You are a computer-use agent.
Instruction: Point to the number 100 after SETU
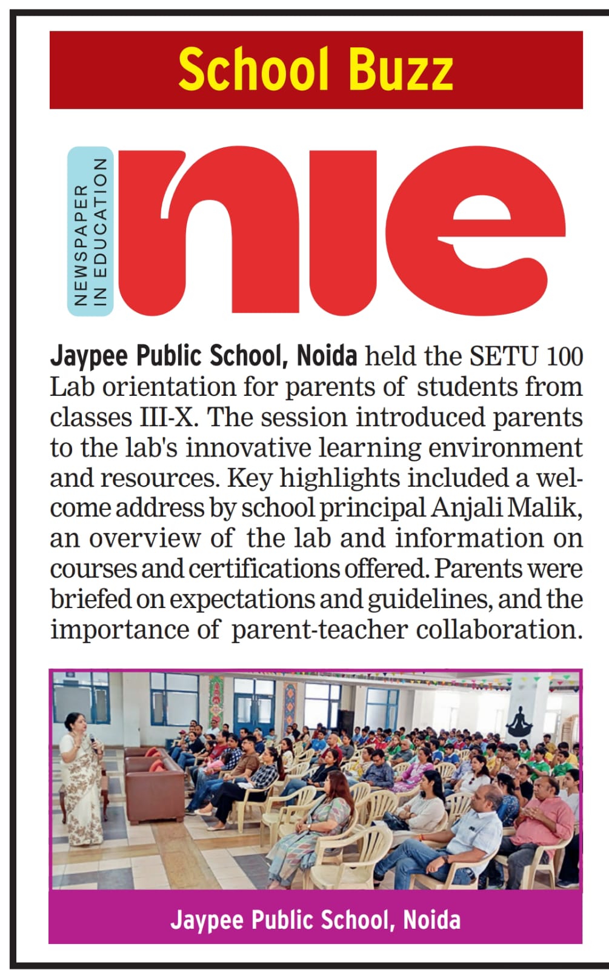point(564,356)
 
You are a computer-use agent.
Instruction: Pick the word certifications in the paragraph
point(265,569)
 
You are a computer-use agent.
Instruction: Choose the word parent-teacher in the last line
point(319,629)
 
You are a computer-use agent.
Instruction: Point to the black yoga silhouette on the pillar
point(519,721)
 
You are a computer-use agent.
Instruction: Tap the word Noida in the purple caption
point(431,920)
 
